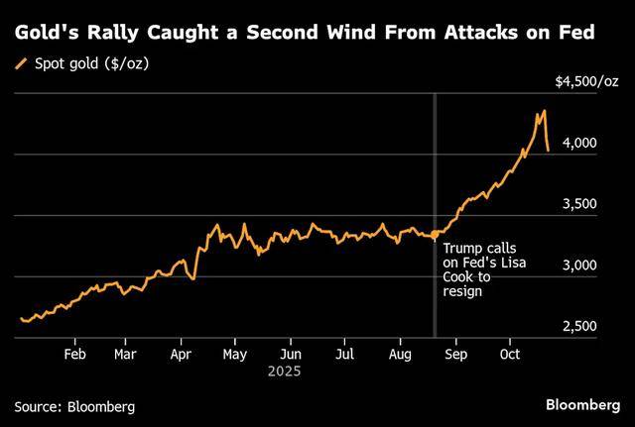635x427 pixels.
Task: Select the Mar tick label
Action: point(125,353)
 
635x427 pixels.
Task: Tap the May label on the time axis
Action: point(235,353)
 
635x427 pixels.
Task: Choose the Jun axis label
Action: point(291,353)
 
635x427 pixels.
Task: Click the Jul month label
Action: point(344,353)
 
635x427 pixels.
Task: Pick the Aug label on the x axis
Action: point(400,353)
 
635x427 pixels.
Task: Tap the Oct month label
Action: point(510,353)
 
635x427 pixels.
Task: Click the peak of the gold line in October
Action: point(544,111)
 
